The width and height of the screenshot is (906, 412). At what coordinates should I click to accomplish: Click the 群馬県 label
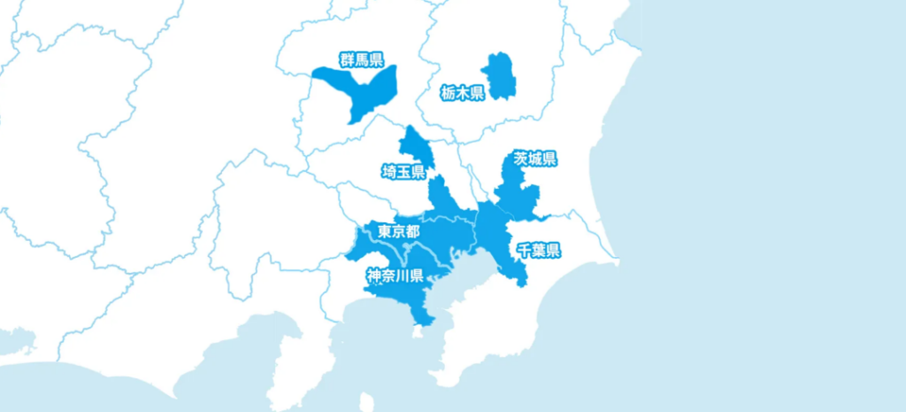tap(361, 60)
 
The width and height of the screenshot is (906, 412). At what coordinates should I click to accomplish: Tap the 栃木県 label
tap(463, 92)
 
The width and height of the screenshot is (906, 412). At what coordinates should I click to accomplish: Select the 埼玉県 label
tap(403, 171)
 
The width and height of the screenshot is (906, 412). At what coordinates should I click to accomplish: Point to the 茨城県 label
tap(535, 159)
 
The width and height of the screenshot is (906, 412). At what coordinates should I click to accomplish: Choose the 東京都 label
tap(398, 231)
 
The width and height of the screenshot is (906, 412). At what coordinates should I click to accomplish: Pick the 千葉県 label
tap(539, 250)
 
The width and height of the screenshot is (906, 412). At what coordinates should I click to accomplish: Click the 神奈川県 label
tap(395, 276)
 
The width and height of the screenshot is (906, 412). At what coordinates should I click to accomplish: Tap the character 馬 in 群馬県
tap(361, 60)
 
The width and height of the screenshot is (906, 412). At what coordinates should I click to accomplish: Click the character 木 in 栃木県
tap(463, 92)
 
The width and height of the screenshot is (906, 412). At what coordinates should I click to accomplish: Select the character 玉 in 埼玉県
tap(403, 171)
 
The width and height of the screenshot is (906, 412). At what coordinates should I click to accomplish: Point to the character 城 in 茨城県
tap(535, 159)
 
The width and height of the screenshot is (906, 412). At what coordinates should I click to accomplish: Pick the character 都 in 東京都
tap(412, 231)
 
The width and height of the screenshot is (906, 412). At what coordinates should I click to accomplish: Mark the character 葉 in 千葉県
tap(539, 250)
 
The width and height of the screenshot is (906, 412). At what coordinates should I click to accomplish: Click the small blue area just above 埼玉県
tap(411, 144)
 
